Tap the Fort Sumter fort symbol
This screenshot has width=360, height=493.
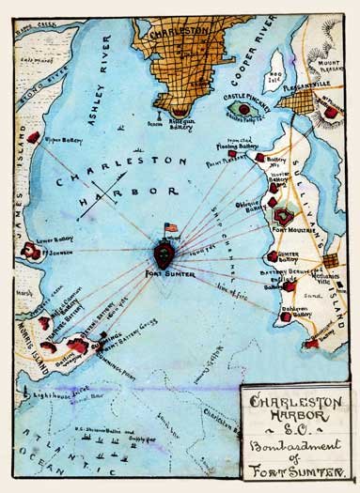pos(164,254)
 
